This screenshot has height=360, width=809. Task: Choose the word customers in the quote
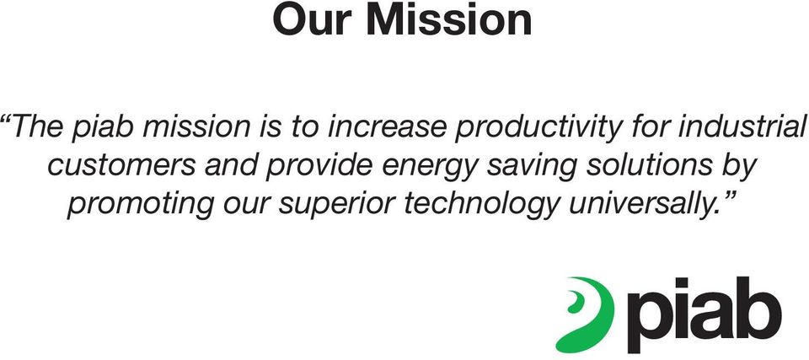(121, 166)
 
